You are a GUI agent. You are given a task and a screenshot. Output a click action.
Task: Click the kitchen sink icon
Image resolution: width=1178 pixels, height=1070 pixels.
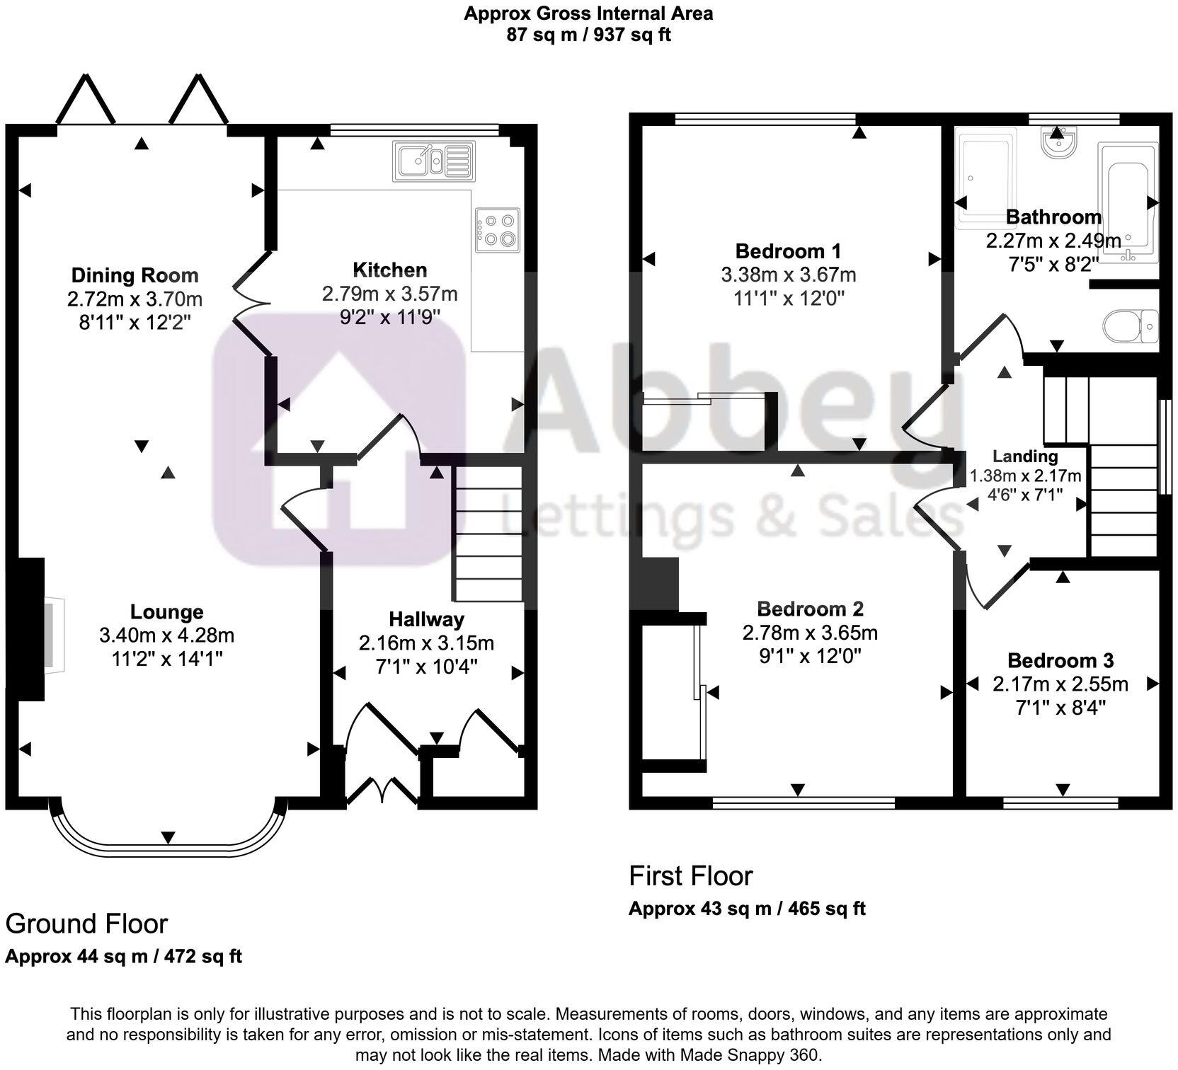[434, 161]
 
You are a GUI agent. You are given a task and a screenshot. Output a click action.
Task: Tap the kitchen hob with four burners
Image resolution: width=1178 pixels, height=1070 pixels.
[498, 230]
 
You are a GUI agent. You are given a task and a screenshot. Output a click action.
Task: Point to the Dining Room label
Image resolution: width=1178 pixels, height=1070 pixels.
[135, 275]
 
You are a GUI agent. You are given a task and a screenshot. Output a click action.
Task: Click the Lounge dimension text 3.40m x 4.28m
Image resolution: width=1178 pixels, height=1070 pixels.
[167, 635]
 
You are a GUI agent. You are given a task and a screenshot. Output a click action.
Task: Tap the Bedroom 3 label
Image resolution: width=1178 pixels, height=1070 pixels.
[1060, 660]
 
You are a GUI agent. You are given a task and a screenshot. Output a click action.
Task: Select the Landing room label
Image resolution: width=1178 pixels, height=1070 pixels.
[1024, 456]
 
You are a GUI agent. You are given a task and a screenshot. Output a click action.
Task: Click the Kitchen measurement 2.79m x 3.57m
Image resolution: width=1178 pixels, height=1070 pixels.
[389, 293]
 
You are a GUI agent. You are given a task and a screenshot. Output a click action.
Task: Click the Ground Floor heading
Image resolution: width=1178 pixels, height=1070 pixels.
[86, 924]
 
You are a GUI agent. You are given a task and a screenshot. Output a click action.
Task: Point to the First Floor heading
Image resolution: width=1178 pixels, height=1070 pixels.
[690, 875]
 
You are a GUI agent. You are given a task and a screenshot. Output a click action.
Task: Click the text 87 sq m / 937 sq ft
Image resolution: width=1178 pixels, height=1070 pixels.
[588, 35]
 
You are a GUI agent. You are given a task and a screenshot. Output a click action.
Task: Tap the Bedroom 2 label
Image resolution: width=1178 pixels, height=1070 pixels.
[810, 609]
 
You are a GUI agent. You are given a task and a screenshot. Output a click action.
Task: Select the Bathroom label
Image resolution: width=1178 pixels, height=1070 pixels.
[1053, 217]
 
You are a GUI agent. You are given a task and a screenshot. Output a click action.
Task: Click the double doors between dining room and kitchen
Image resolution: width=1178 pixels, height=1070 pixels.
[253, 303]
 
